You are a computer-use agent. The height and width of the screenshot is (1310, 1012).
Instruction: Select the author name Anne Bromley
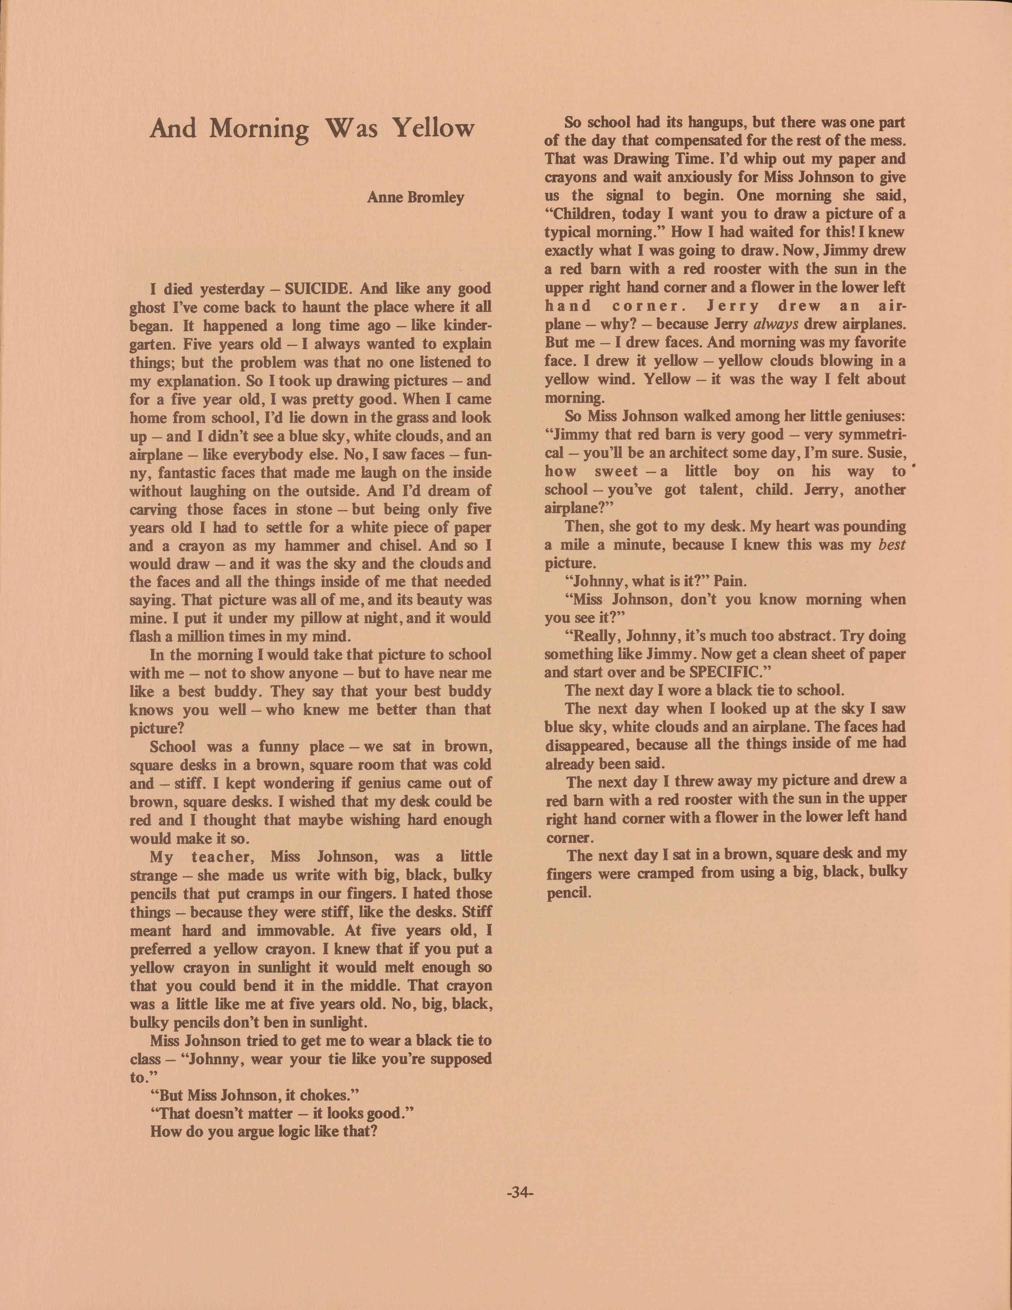coord(415,197)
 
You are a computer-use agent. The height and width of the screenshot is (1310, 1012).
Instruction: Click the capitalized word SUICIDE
coord(320,289)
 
